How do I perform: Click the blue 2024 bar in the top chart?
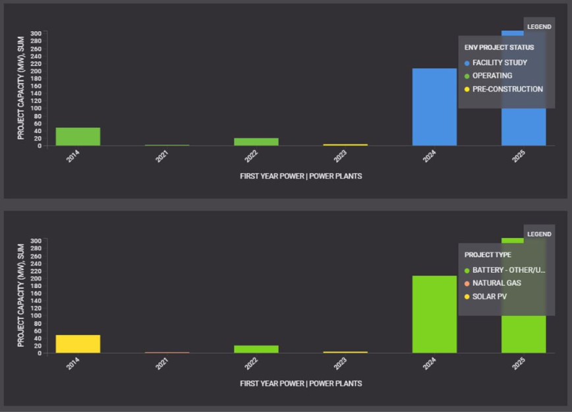pyautogui.click(x=434, y=107)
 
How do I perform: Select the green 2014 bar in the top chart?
pyautogui.click(x=78, y=136)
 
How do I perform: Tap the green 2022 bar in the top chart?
pyautogui.click(x=256, y=141)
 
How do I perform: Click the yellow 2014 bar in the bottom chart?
pyautogui.click(x=78, y=343)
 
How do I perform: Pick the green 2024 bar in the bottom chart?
pyautogui.click(x=434, y=314)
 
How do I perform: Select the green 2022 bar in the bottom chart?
pyautogui.click(x=256, y=349)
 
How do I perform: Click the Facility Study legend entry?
pyautogui.click(x=499, y=63)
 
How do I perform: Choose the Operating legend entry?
pyautogui.click(x=492, y=76)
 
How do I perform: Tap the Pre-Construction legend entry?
pyautogui.click(x=507, y=89)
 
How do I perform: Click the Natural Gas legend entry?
pyautogui.click(x=496, y=283)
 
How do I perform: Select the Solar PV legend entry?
pyautogui.click(x=489, y=297)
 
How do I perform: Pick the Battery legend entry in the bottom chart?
pyautogui.click(x=508, y=270)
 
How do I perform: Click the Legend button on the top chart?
pyautogui.click(x=539, y=27)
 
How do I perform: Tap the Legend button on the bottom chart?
pyautogui.click(x=539, y=234)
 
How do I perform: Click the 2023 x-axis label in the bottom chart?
pyautogui.click(x=341, y=364)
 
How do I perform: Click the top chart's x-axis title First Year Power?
pyautogui.click(x=300, y=176)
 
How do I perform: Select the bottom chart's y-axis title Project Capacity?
pyautogui.click(x=20, y=295)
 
